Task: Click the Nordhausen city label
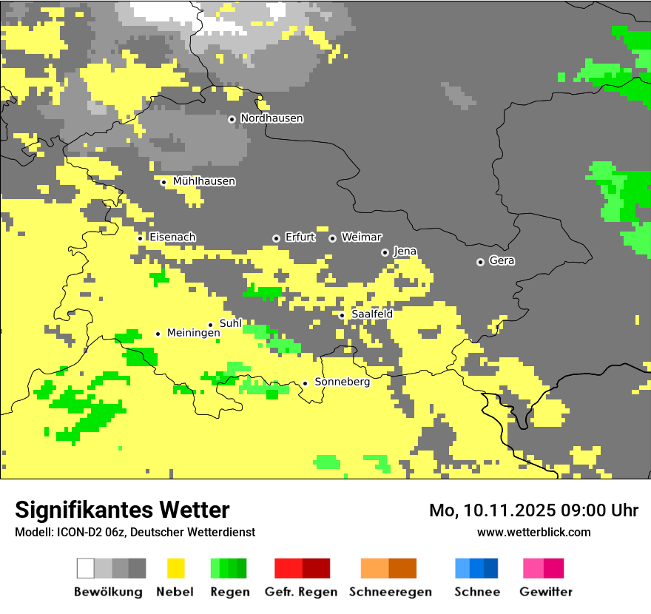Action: [271, 118]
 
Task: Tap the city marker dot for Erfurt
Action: [276, 238]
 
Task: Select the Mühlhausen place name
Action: [204, 181]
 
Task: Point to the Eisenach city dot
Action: [140, 237]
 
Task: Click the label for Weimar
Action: [362, 237]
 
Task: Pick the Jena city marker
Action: [385, 252]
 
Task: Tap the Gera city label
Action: [502, 261]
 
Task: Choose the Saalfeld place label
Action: [371, 314]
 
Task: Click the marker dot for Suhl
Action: [210, 325]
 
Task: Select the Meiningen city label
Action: [194, 334]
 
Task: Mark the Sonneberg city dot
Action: [305, 383]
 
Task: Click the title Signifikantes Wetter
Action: [122, 510]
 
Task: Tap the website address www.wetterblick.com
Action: [533, 532]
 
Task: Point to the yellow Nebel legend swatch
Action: [175, 568]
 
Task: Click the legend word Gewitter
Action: [545, 592]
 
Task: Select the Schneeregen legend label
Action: [390, 592]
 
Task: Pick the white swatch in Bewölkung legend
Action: [85, 568]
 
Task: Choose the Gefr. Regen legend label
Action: [300, 592]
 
